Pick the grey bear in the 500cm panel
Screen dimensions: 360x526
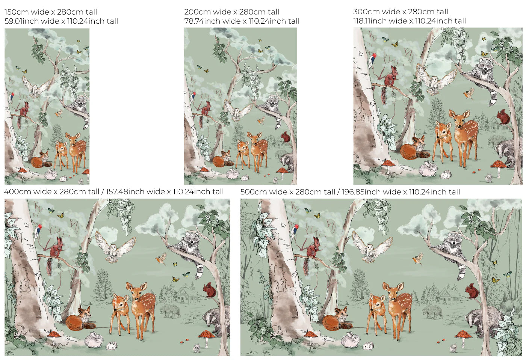pos(432,312)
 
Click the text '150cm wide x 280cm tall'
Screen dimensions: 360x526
pos(51,12)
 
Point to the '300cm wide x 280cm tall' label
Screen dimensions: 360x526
pos(401,12)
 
